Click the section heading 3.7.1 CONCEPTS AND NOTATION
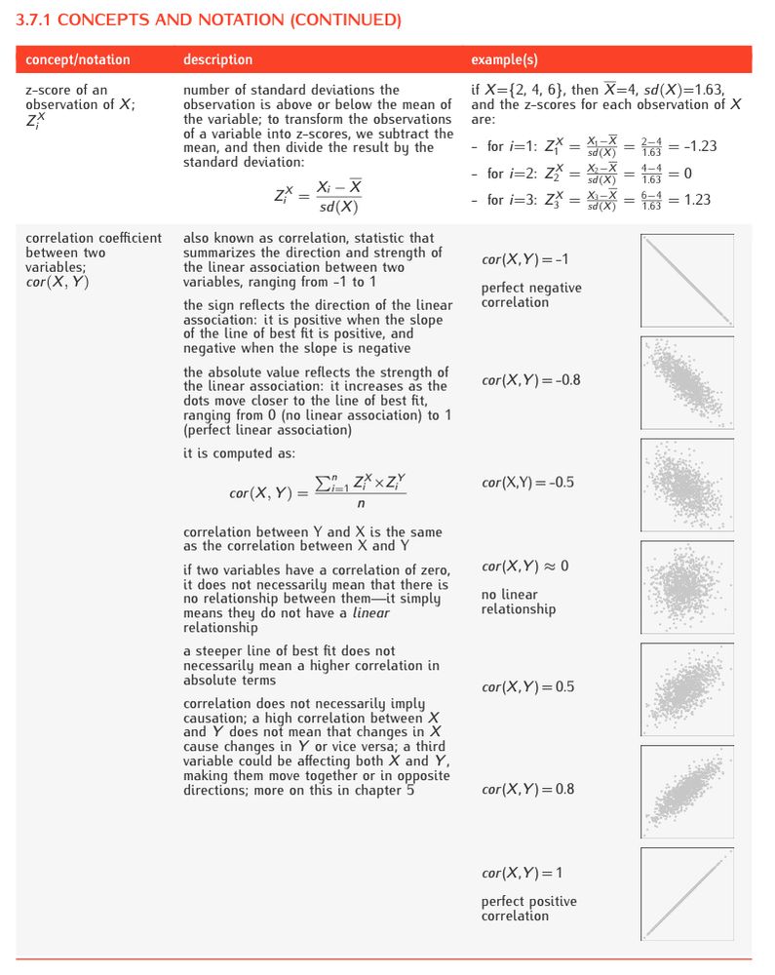coord(209,19)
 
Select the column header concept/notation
coord(77,59)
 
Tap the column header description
coord(217,59)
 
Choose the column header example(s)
coord(504,59)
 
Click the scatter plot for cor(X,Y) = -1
coord(687,280)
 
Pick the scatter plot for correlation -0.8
coord(687,382)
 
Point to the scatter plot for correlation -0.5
coord(687,484)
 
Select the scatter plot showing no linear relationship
coord(687,586)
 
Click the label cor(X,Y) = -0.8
coord(530,380)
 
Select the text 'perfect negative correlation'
coord(530,294)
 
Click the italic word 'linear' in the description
coord(370,613)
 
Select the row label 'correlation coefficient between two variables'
coord(94,253)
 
